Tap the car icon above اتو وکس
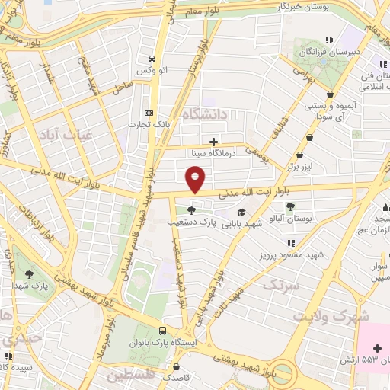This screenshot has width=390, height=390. tap(152, 59)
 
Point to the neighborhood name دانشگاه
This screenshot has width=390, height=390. tap(221, 115)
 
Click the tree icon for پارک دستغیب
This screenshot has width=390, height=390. tap(190, 211)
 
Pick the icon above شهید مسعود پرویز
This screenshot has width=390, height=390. tap(289, 243)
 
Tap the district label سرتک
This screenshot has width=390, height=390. tap(279, 284)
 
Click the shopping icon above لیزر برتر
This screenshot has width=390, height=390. tap(308, 138)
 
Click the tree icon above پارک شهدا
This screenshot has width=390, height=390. tap(30, 273)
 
